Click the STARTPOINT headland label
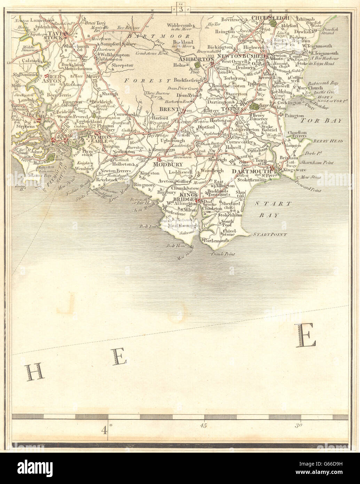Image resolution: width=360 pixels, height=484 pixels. (x=270, y=235)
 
